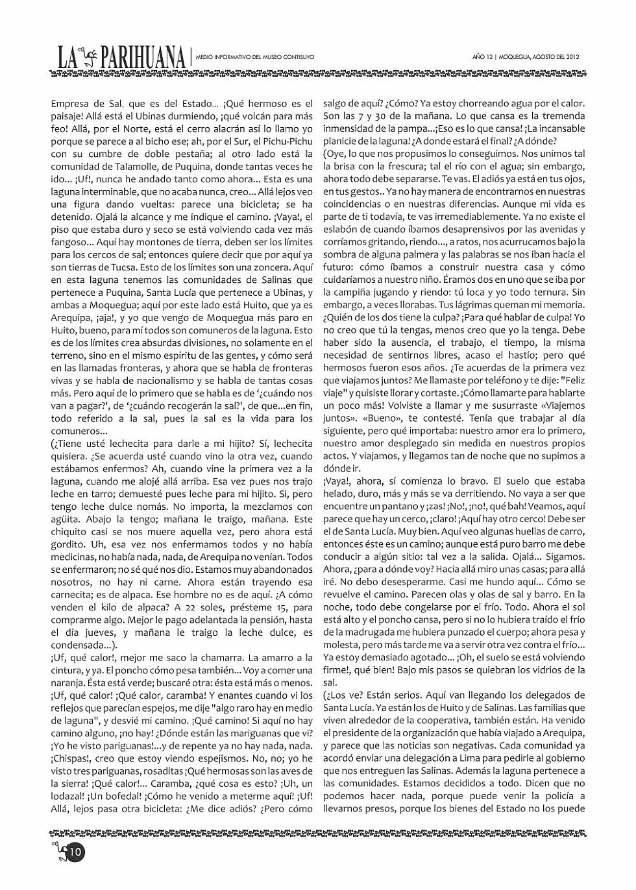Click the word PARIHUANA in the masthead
[143, 58]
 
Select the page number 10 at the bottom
[75, 852]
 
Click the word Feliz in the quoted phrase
[572, 380]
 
